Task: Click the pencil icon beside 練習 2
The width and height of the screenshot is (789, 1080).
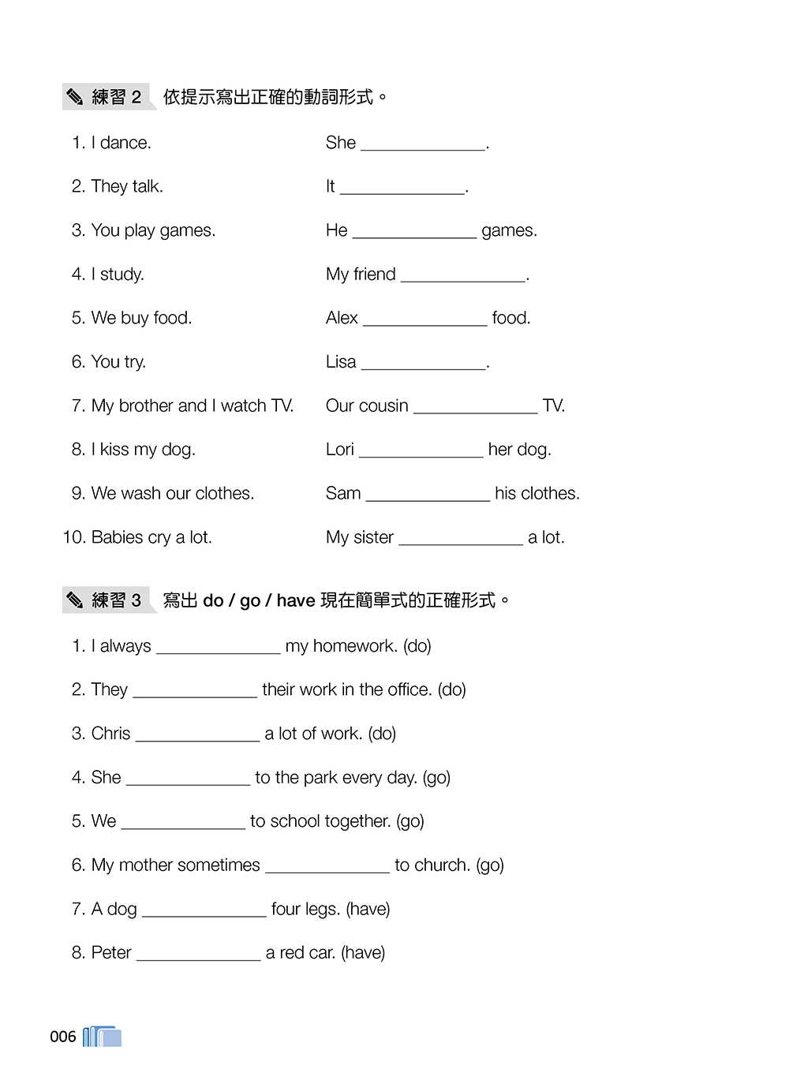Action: coord(75,97)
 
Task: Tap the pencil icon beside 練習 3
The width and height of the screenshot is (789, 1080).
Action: coord(75,600)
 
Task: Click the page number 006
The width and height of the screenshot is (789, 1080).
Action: coord(63,1037)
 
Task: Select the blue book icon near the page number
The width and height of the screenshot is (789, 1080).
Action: coord(103,1037)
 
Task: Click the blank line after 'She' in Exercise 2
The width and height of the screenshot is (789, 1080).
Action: coord(423,145)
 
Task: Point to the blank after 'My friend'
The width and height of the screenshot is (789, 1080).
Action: coord(463,277)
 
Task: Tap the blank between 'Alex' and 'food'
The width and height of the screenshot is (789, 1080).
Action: coord(424,320)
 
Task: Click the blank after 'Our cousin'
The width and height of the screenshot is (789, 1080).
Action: coord(475,409)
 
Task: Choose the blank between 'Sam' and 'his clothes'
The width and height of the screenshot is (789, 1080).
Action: coord(428,496)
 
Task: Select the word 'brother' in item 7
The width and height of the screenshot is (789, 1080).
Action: coord(148,405)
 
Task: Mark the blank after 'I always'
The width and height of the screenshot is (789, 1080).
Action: coord(218,648)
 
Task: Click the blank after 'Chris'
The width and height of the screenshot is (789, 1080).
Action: coord(197,736)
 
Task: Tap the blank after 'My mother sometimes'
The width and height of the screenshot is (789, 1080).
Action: coord(327,868)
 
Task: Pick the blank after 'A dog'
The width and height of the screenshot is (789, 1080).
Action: coord(204,912)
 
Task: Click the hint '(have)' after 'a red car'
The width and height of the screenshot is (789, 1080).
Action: coord(363,953)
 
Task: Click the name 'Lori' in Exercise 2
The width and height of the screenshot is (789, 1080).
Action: coord(340,450)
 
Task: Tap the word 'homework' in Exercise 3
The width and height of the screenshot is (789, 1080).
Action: coord(354,646)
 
